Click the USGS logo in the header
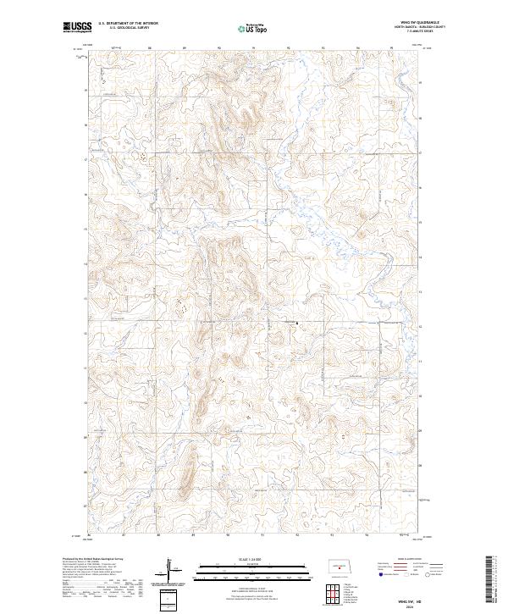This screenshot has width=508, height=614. coord(78,28)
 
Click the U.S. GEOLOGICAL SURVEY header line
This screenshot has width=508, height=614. coord(128,28)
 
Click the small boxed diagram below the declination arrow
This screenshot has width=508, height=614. coord(168,600)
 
